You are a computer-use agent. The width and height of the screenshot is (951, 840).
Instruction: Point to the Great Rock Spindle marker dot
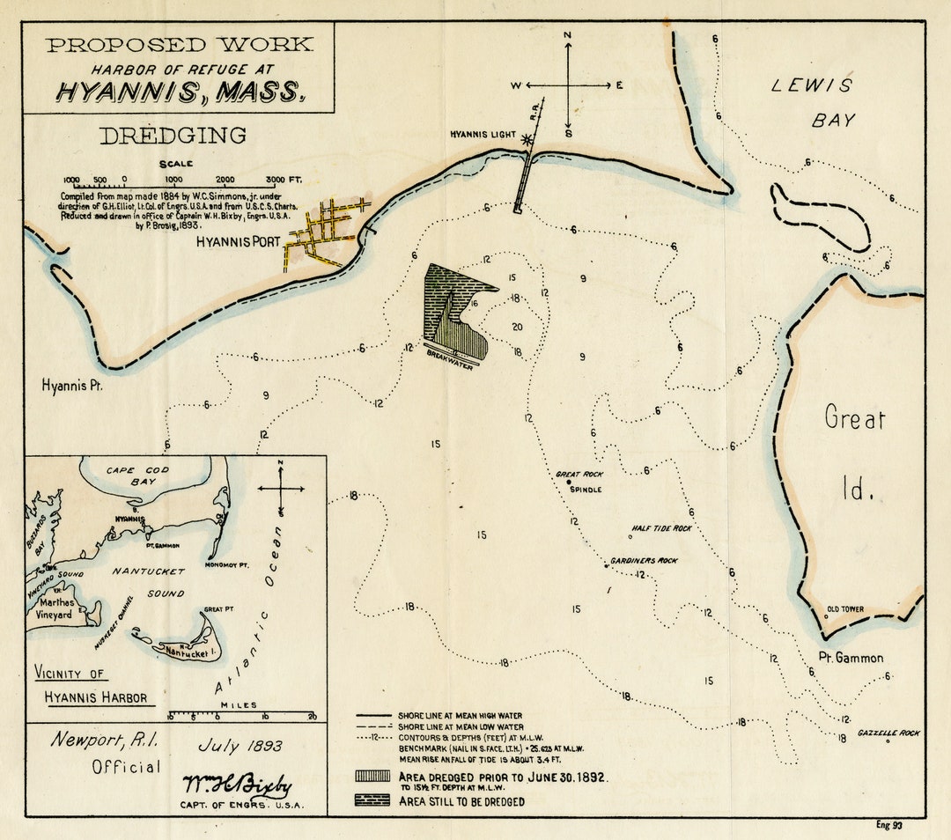569,483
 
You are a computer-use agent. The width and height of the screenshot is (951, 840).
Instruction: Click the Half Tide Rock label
661,529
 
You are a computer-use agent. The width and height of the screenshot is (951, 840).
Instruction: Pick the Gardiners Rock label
645,561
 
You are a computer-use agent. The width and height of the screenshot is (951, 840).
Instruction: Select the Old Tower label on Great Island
844,608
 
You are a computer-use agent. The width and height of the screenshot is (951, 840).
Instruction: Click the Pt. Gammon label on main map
851,658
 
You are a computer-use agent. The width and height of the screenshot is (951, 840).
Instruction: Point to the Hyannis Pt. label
72,386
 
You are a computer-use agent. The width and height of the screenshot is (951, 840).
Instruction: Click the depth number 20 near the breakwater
517,327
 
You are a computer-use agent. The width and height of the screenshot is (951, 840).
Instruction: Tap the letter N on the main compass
568,36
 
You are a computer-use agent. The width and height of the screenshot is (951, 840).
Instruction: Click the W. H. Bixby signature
236,785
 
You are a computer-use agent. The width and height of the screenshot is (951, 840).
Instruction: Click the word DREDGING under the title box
172,136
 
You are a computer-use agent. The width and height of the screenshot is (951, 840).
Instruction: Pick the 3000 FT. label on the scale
283,180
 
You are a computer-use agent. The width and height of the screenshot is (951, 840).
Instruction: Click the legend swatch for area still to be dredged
372,801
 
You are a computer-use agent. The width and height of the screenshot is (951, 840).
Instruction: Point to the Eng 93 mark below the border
888,825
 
